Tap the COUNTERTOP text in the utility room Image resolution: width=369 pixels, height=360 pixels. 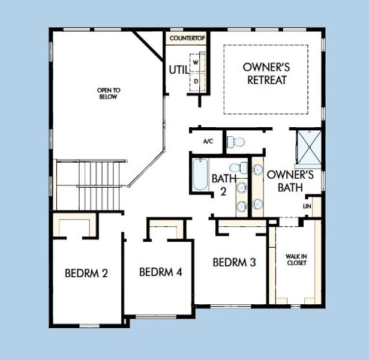pyautogui.click(x=188, y=38)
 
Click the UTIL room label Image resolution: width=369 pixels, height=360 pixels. pyautogui.click(x=178, y=70)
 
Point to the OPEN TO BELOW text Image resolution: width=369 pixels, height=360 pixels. pyautogui.click(x=108, y=94)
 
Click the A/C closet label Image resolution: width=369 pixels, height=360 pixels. pyautogui.click(x=208, y=142)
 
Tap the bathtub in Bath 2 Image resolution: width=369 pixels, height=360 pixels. pyautogui.click(x=199, y=174)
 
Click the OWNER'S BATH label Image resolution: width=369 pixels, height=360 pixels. pyautogui.click(x=290, y=181)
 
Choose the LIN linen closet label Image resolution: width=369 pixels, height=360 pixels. pyautogui.click(x=308, y=206)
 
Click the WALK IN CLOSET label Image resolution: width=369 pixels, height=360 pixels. pyautogui.click(x=296, y=260)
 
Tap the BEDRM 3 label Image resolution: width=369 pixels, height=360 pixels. pyautogui.click(x=235, y=262)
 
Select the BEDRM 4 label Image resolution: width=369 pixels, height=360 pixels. pyautogui.click(x=160, y=272)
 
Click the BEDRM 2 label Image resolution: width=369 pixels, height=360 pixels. pyautogui.click(x=86, y=274)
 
